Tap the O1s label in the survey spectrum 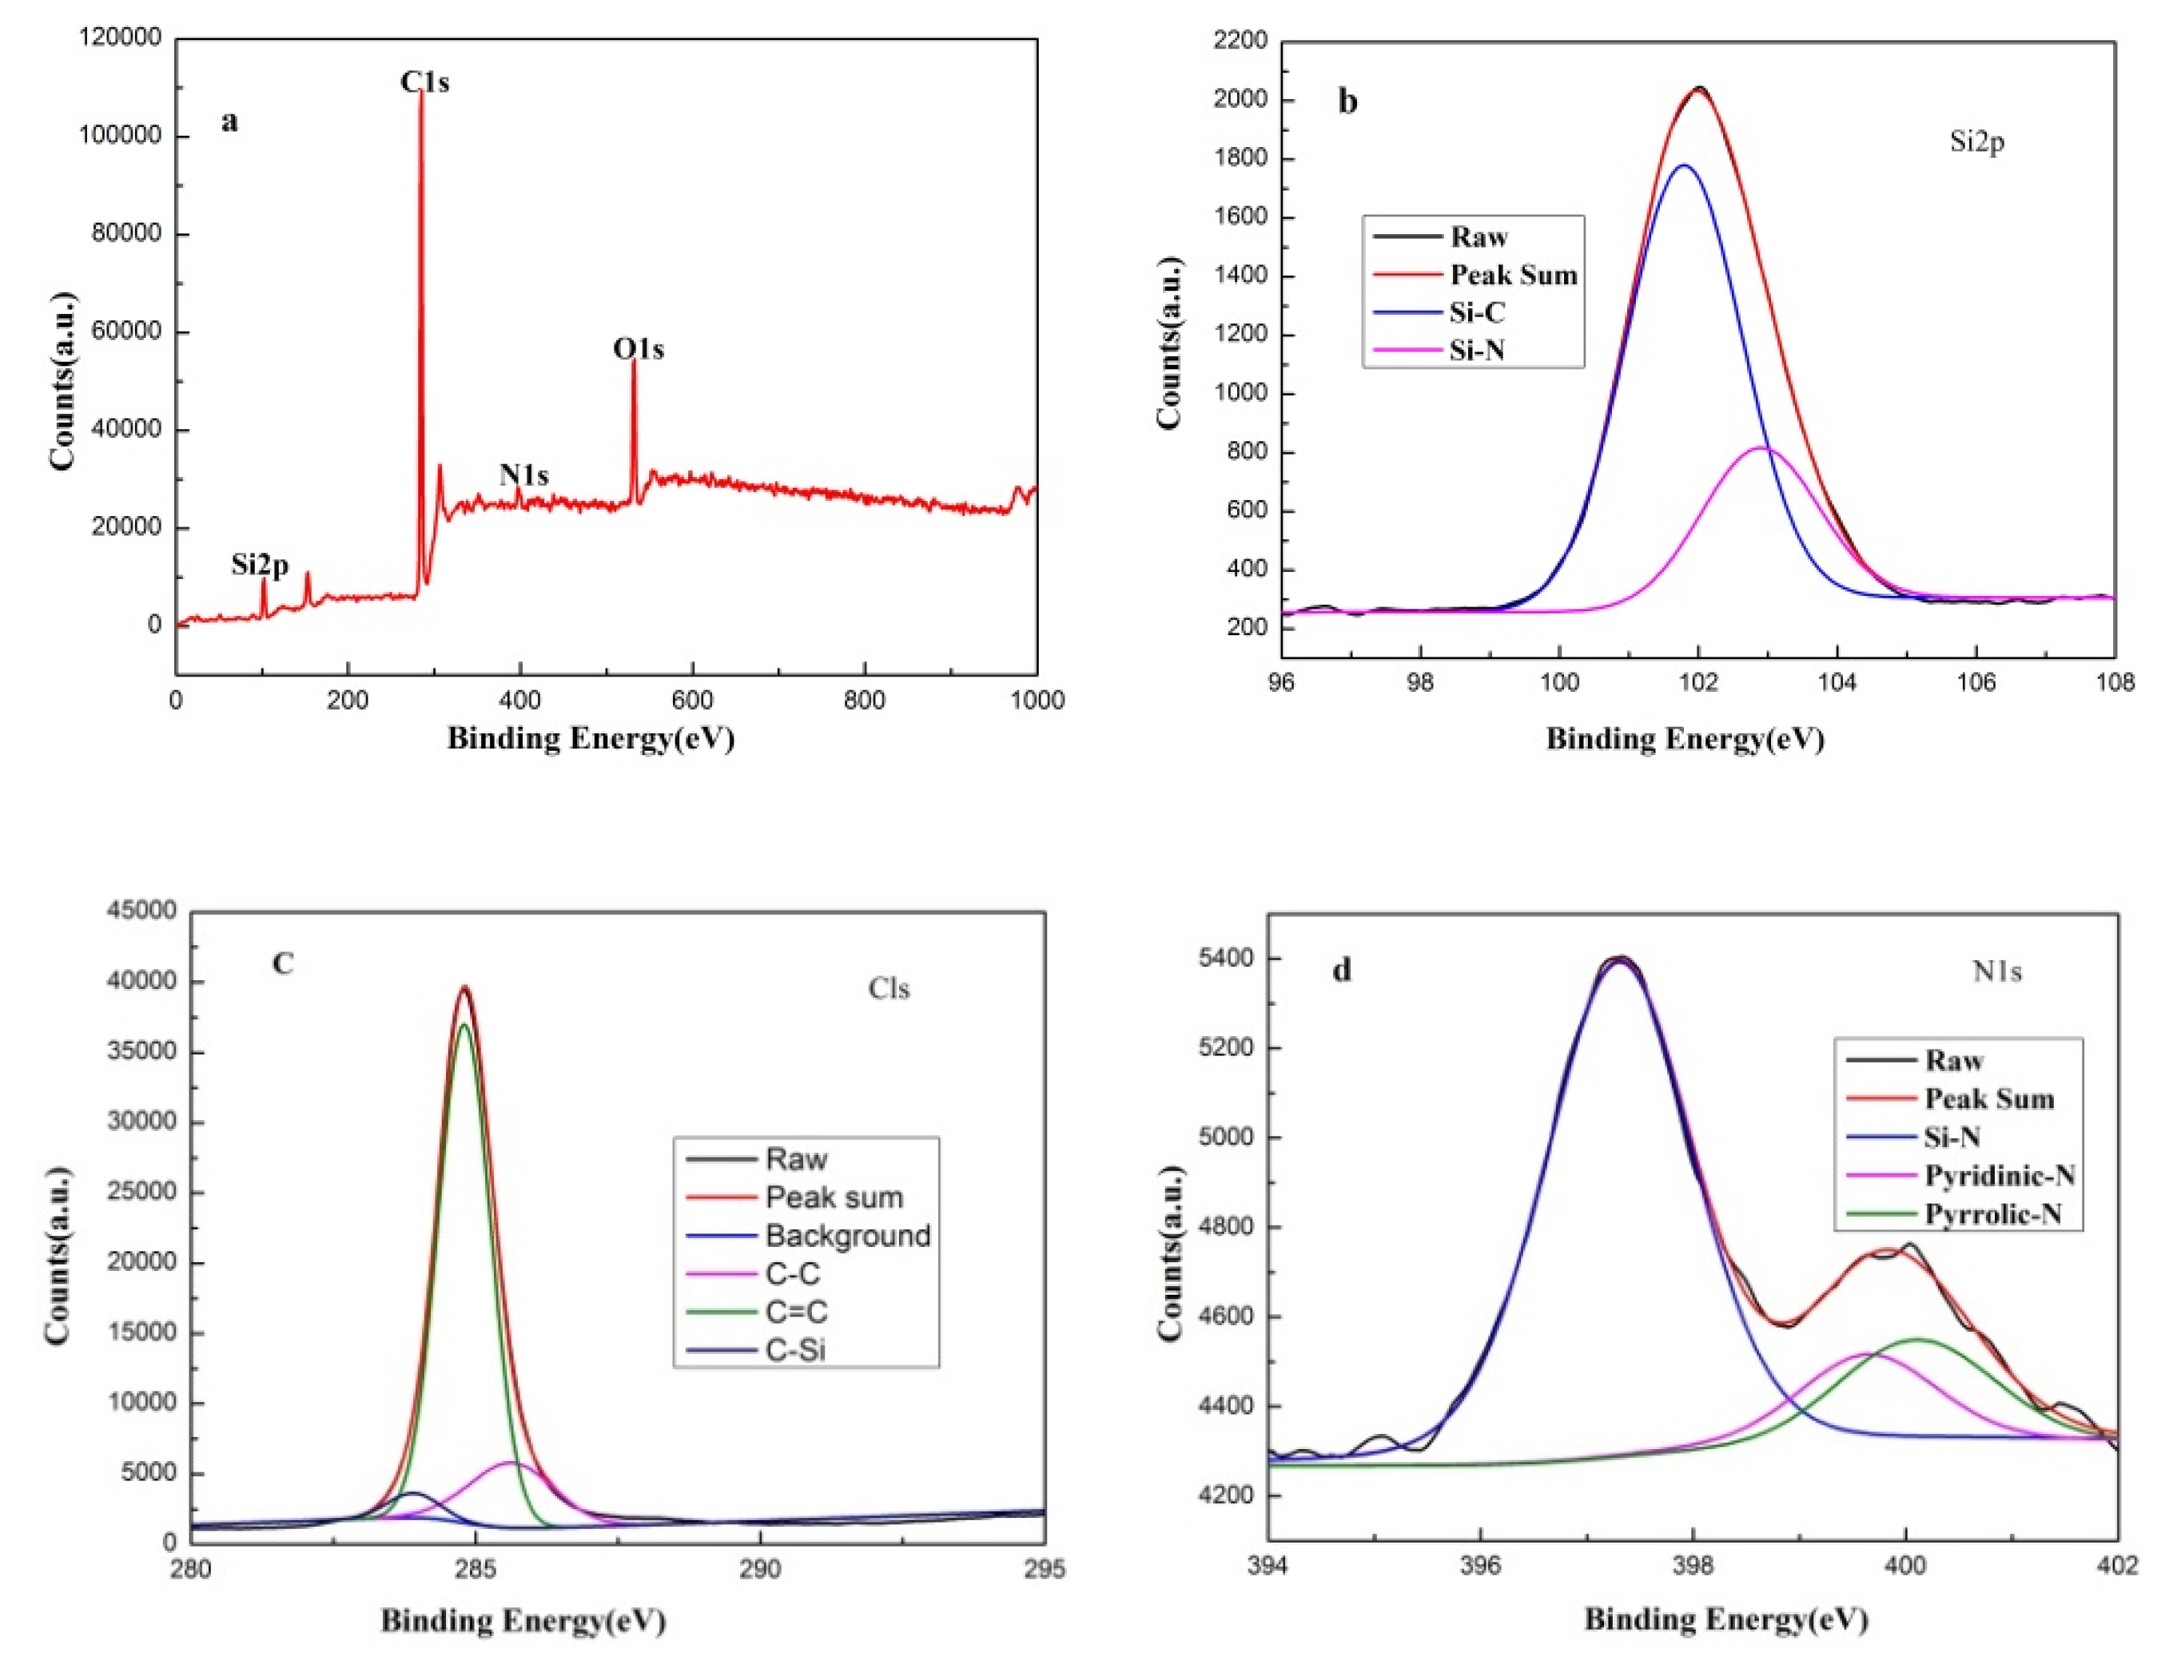(x=638, y=349)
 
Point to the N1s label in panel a (x=523, y=475)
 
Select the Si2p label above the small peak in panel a (x=261, y=565)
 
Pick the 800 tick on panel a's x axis (x=865, y=700)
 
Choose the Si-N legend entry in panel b (x=1477, y=350)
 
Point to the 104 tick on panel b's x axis (x=1837, y=683)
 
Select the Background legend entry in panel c (x=847, y=1236)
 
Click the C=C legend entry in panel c (x=797, y=1312)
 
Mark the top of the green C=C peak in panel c (x=464, y=1024)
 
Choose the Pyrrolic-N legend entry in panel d (x=1992, y=1213)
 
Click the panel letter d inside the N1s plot (x=1341, y=971)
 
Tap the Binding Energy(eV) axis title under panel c (x=523, y=1622)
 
